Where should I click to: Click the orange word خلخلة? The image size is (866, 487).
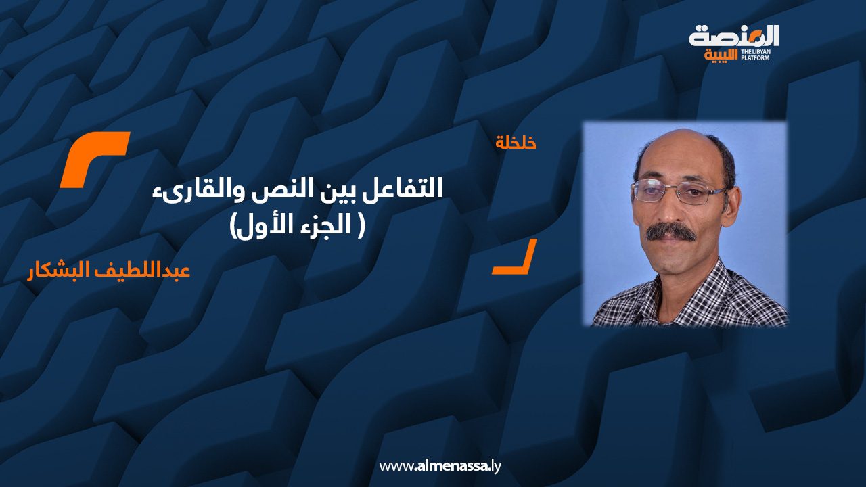click(516, 143)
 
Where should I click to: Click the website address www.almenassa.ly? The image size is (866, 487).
click(440, 466)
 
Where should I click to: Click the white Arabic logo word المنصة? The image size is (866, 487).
click(734, 35)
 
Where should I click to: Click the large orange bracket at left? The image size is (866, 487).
click(94, 159)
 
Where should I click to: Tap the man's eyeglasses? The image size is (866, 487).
click(669, 191)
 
